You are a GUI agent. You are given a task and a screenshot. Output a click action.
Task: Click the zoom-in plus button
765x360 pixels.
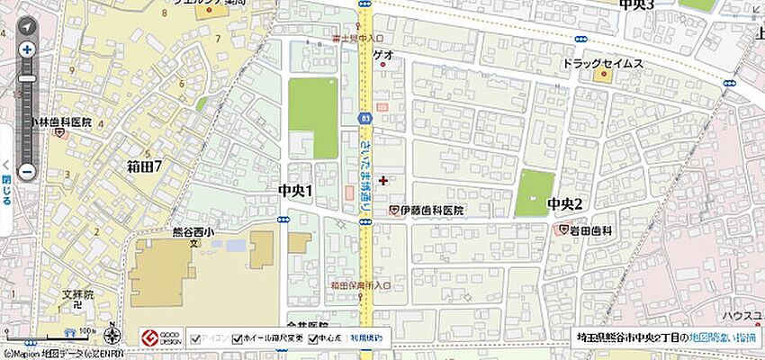click(x=27, y=49)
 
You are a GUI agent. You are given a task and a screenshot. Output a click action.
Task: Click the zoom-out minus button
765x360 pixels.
click(x=27, y=171)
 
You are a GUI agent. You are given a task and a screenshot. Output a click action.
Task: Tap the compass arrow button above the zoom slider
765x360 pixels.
click(x=27, y=27)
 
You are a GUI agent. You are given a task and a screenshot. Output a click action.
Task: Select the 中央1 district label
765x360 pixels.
click(x=295, y=190)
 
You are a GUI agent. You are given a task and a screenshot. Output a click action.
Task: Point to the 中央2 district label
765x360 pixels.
click(x=565, y=204)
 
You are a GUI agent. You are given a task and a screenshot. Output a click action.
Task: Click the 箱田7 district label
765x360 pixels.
click(x=144, y=166)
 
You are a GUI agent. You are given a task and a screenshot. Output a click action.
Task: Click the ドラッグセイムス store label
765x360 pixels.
click(x=603, y=64)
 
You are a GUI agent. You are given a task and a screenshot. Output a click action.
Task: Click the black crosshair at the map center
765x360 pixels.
click(x=383, y=180)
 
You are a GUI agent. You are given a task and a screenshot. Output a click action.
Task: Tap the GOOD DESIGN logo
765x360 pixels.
click(x=161, y=338)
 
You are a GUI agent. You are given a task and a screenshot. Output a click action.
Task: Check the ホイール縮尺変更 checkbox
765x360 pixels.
click(x=238, y=339)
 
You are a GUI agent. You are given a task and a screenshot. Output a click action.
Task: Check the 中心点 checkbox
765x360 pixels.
click(x=313, y=339)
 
